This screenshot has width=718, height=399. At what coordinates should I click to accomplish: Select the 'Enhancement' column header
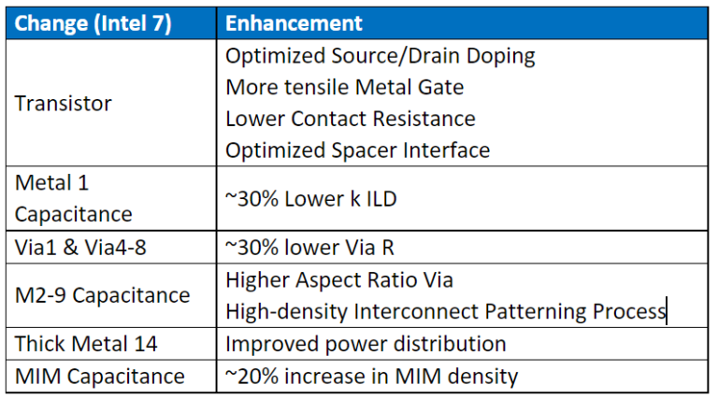294,23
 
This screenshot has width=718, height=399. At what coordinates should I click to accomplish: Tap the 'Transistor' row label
64,103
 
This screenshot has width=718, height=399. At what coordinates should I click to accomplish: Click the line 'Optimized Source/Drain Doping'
381,55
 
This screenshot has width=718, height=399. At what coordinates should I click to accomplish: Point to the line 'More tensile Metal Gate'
344,87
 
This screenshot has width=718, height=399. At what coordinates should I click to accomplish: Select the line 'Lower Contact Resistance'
351,119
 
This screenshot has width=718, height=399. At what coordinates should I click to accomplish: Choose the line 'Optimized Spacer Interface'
357,150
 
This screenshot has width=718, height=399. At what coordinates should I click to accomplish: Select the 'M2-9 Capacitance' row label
102,295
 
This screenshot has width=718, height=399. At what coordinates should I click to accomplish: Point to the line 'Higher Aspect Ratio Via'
338,279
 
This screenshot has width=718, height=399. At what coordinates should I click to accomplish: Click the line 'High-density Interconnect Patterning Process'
444,311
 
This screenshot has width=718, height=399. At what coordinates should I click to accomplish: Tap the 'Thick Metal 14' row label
85,344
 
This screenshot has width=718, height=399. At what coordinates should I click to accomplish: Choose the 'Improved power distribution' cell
366,344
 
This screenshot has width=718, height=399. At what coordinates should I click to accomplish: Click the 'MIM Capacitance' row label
99,377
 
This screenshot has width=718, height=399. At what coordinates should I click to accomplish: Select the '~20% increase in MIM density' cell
371,377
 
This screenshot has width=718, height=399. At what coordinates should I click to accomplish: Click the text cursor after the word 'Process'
666,311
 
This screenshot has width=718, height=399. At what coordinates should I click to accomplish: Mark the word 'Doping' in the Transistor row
501,55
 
